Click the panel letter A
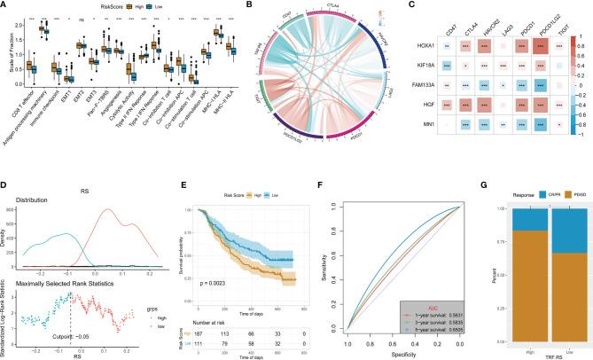(4, 5)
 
